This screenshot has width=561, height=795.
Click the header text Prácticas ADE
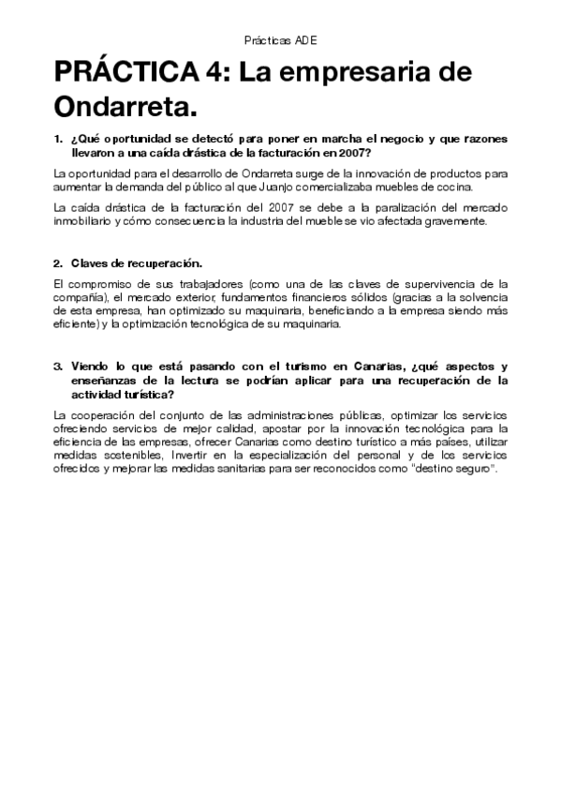point(280,41)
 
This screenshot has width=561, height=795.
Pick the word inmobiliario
point(85,222)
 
